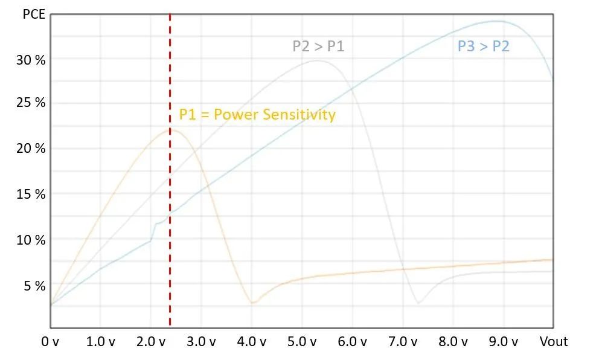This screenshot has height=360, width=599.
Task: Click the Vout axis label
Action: point(554,342)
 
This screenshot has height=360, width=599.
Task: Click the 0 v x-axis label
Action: point(50,342)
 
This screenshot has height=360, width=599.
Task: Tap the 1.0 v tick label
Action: point(101,342)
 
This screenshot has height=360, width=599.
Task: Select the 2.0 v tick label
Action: point(151,342)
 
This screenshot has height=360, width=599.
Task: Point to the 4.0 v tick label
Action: point(252,342)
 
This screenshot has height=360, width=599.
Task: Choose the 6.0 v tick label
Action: point(352,342)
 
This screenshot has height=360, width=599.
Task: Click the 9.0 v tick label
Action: point(503,342)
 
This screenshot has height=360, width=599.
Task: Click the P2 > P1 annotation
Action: point(318,46)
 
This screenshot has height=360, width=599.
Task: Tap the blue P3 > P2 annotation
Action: point(483,46)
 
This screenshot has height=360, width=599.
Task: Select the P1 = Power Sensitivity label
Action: point(257,115)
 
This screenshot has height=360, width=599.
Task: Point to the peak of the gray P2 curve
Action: point(318,60)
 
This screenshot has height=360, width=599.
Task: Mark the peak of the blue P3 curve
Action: point(496,21)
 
